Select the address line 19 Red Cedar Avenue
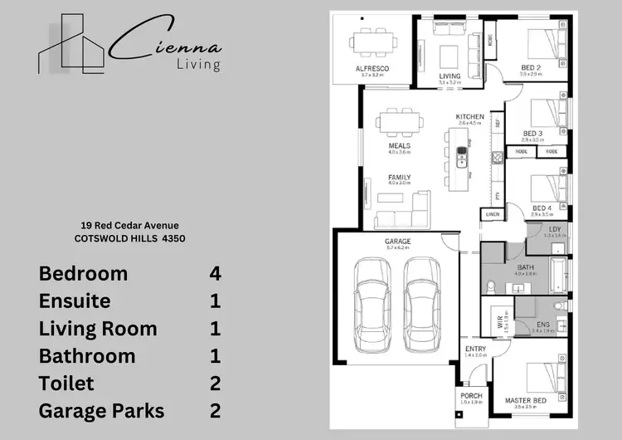(x=130, y=225)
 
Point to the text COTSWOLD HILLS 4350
(x=130, y=238)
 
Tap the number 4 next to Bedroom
(x=215, y=273)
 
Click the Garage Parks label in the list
(x=101, y=411)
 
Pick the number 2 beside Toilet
(x=215, y=384)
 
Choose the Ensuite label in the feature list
(x=75, y=301)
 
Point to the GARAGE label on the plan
(x=398, y=242)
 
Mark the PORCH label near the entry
(x=471, y=396)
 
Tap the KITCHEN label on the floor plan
(x=469, y=116)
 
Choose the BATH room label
(x=525, y=266)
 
